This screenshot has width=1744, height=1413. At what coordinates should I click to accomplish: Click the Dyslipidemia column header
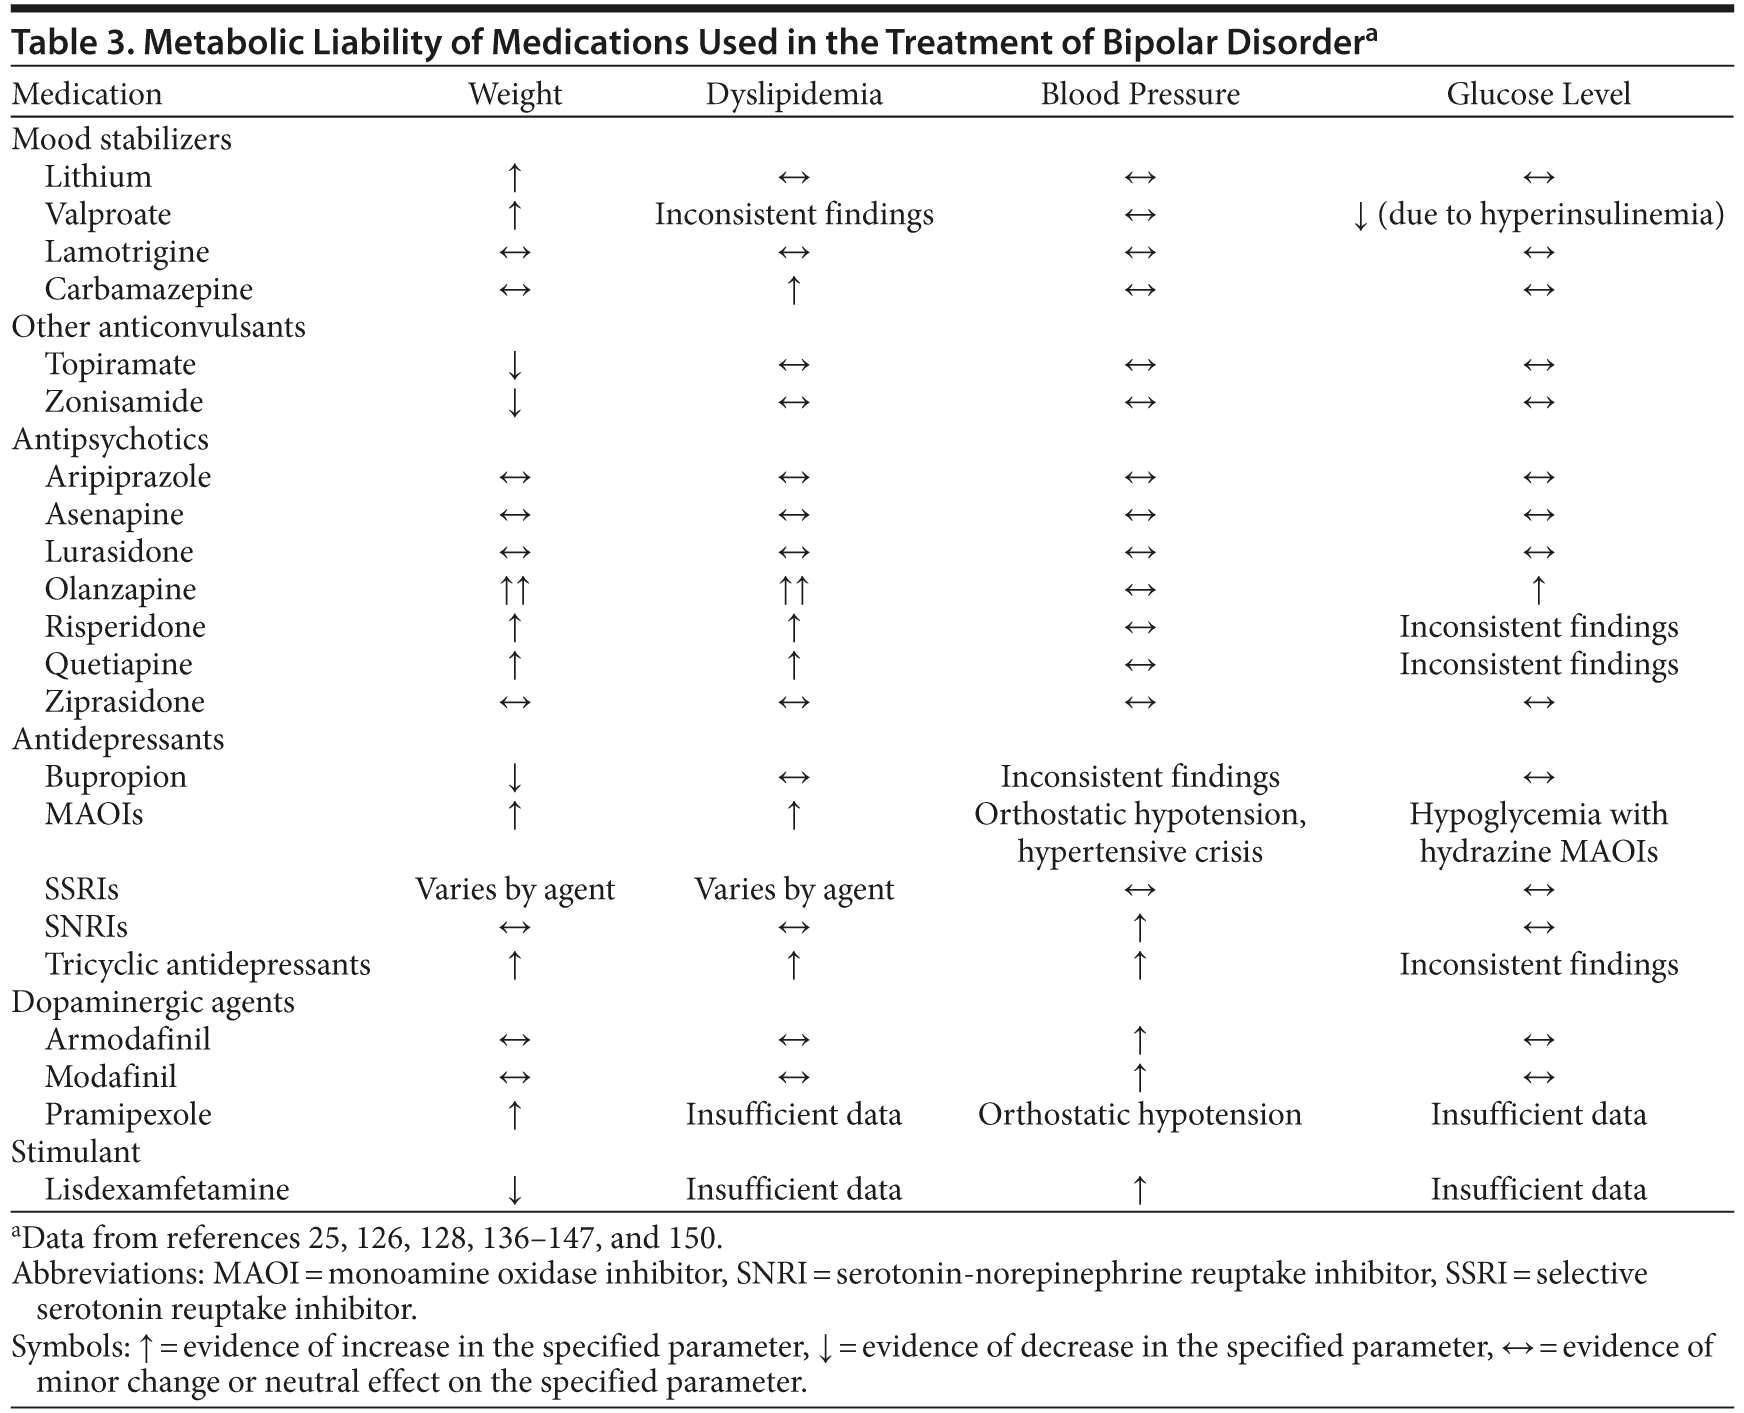pos(794,94)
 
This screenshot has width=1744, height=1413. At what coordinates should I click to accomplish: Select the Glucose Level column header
pos(1538,94)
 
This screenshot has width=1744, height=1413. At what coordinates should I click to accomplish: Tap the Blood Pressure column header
pos(1140,94)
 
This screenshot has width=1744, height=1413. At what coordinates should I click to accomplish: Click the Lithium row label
pos(98,177)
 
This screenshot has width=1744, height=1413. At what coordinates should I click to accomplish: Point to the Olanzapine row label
pos(120,590)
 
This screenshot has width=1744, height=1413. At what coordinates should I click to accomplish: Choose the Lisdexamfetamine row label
pos(167,1190)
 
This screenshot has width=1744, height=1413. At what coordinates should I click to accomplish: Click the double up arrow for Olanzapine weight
pos(514,590)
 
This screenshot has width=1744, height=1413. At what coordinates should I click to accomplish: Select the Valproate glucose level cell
pos(1538,215)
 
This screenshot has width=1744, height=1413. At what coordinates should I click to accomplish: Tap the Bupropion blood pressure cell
pos(1140,777)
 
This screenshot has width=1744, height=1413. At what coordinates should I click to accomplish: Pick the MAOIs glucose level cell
pos(1538,832)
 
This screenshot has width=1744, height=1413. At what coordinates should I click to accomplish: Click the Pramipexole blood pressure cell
pos(1140,1115)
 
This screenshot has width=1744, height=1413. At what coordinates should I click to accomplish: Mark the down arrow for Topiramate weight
pos(514,365)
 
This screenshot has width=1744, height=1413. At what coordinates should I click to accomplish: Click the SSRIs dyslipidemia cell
pos(794,890)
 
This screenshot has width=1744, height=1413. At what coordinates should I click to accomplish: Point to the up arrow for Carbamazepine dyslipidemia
pos(794,290)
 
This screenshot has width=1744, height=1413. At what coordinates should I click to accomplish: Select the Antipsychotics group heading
pos(110,440)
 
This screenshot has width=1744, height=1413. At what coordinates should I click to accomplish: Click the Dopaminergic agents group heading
pos(153,1002)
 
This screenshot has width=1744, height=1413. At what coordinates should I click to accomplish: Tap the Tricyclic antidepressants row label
pos(207,965)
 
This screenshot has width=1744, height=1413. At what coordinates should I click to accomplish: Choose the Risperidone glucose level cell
pos(1538,627)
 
